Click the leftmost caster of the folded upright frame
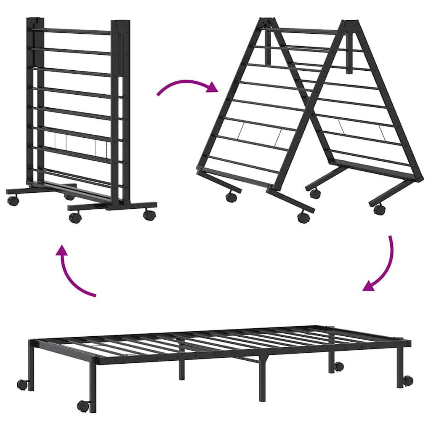click(13, 201)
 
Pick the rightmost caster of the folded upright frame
click(149, 215)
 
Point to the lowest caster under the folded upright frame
click(75, 217)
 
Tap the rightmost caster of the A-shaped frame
click(379, 209)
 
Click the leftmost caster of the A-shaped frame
click(231, 197)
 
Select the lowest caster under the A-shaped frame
click(303, 217)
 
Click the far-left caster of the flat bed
click(23, 384)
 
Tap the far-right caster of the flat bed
click(408, 380)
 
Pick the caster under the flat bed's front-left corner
click(83, 406)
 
